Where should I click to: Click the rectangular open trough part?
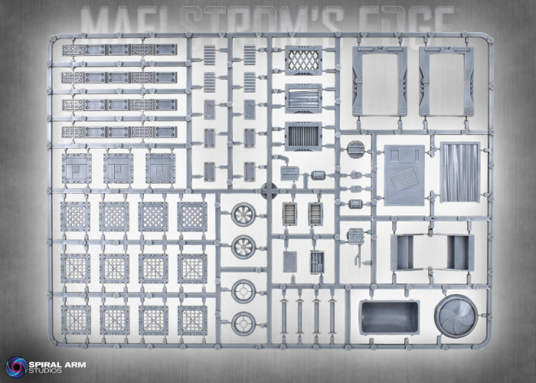(390, 316)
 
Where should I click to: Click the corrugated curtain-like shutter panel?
(459, 172)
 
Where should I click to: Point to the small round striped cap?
(353, 149)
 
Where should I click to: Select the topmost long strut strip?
(118, 51)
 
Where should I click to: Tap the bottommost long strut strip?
(118, 132)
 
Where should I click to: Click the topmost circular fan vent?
(243, 214)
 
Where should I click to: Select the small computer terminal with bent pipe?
(289, 172)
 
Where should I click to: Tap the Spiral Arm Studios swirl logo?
(16, 366)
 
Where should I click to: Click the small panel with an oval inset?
(290, 261)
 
